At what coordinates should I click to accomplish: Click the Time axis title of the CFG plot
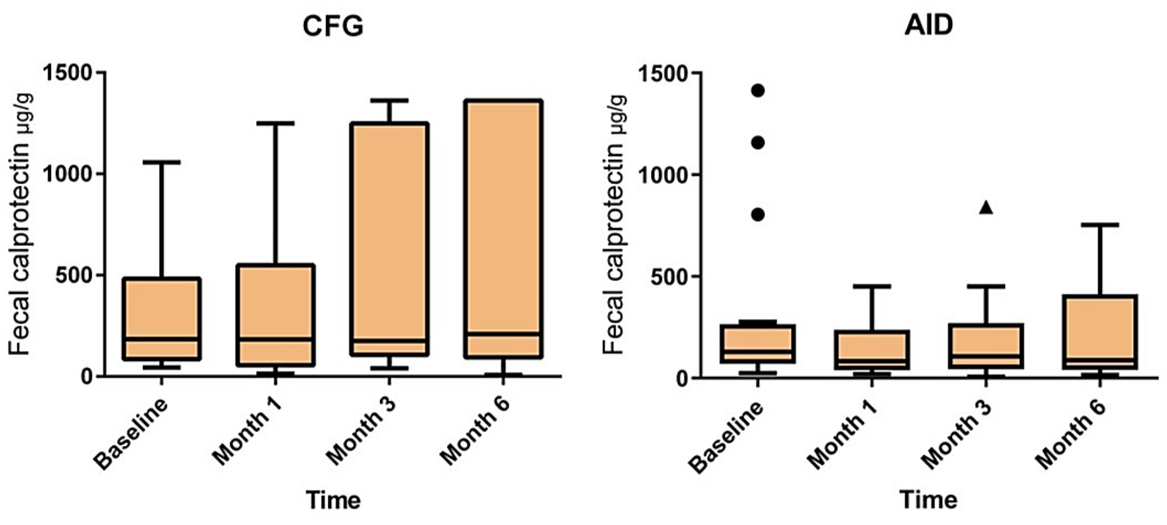click(333, 500)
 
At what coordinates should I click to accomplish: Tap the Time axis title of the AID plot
click(929, 500)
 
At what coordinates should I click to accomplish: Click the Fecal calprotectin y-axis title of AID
click(614, 224)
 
